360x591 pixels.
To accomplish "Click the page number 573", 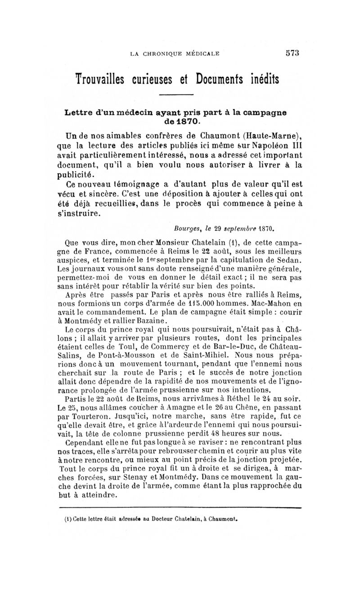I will coord(292,54).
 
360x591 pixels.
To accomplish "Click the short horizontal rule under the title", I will coord(177,94).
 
